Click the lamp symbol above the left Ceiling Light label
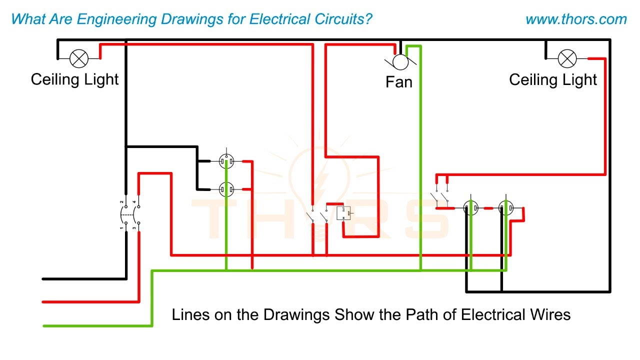coord(78,58)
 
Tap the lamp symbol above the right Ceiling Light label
coord(566,58)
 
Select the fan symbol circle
coord(399,62)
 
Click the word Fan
coord(399,81)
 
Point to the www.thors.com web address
coord(576,19)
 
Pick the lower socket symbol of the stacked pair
coord(227,189)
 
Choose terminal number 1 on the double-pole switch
coord(121,228)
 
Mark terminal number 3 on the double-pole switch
coord(134,228)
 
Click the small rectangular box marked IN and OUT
coord(343,213)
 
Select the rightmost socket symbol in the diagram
coord(506,207)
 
